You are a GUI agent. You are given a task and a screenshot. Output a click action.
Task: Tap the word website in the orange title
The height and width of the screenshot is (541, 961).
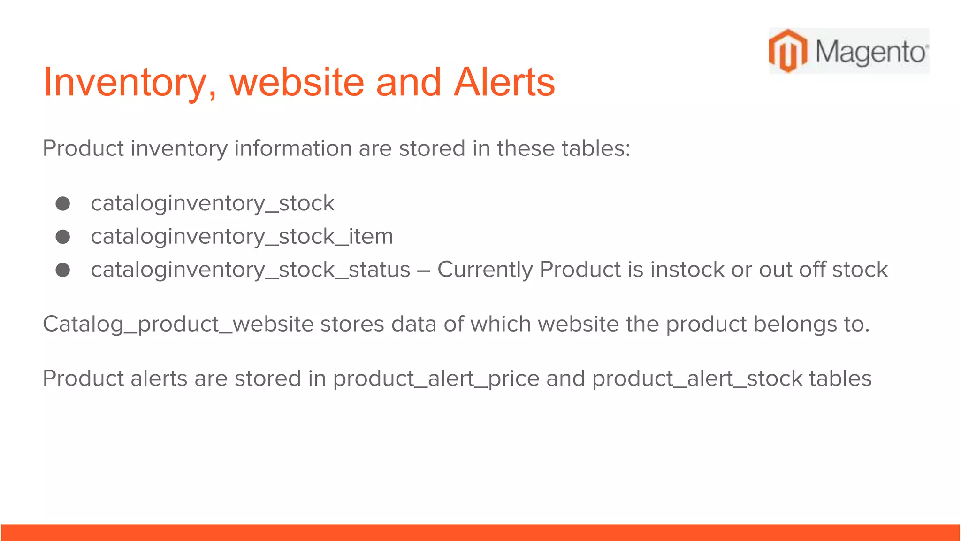(297, 83)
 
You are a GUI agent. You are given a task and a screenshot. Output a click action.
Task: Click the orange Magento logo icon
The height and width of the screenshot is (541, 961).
(788, 51)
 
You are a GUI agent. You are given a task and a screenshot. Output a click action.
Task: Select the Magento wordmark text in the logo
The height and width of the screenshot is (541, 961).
(871, 52)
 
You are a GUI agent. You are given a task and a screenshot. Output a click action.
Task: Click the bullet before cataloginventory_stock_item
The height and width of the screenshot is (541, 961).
(63, 237)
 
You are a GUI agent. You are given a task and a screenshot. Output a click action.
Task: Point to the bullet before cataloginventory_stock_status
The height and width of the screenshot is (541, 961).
(63, 270)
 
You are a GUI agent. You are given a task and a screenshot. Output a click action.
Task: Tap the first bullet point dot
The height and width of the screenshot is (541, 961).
(63, 203)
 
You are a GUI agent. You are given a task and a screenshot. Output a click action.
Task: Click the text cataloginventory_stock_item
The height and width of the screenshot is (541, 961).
(242, 236)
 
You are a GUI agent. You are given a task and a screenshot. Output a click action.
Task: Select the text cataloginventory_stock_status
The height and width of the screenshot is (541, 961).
(250, 270)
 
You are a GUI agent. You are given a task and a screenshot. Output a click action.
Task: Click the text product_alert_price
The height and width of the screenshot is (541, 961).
(436, 379)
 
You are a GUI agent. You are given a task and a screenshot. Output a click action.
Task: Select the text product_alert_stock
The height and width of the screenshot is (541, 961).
(697, 379)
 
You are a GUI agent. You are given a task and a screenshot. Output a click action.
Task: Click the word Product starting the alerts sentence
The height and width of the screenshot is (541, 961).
(83, 379)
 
